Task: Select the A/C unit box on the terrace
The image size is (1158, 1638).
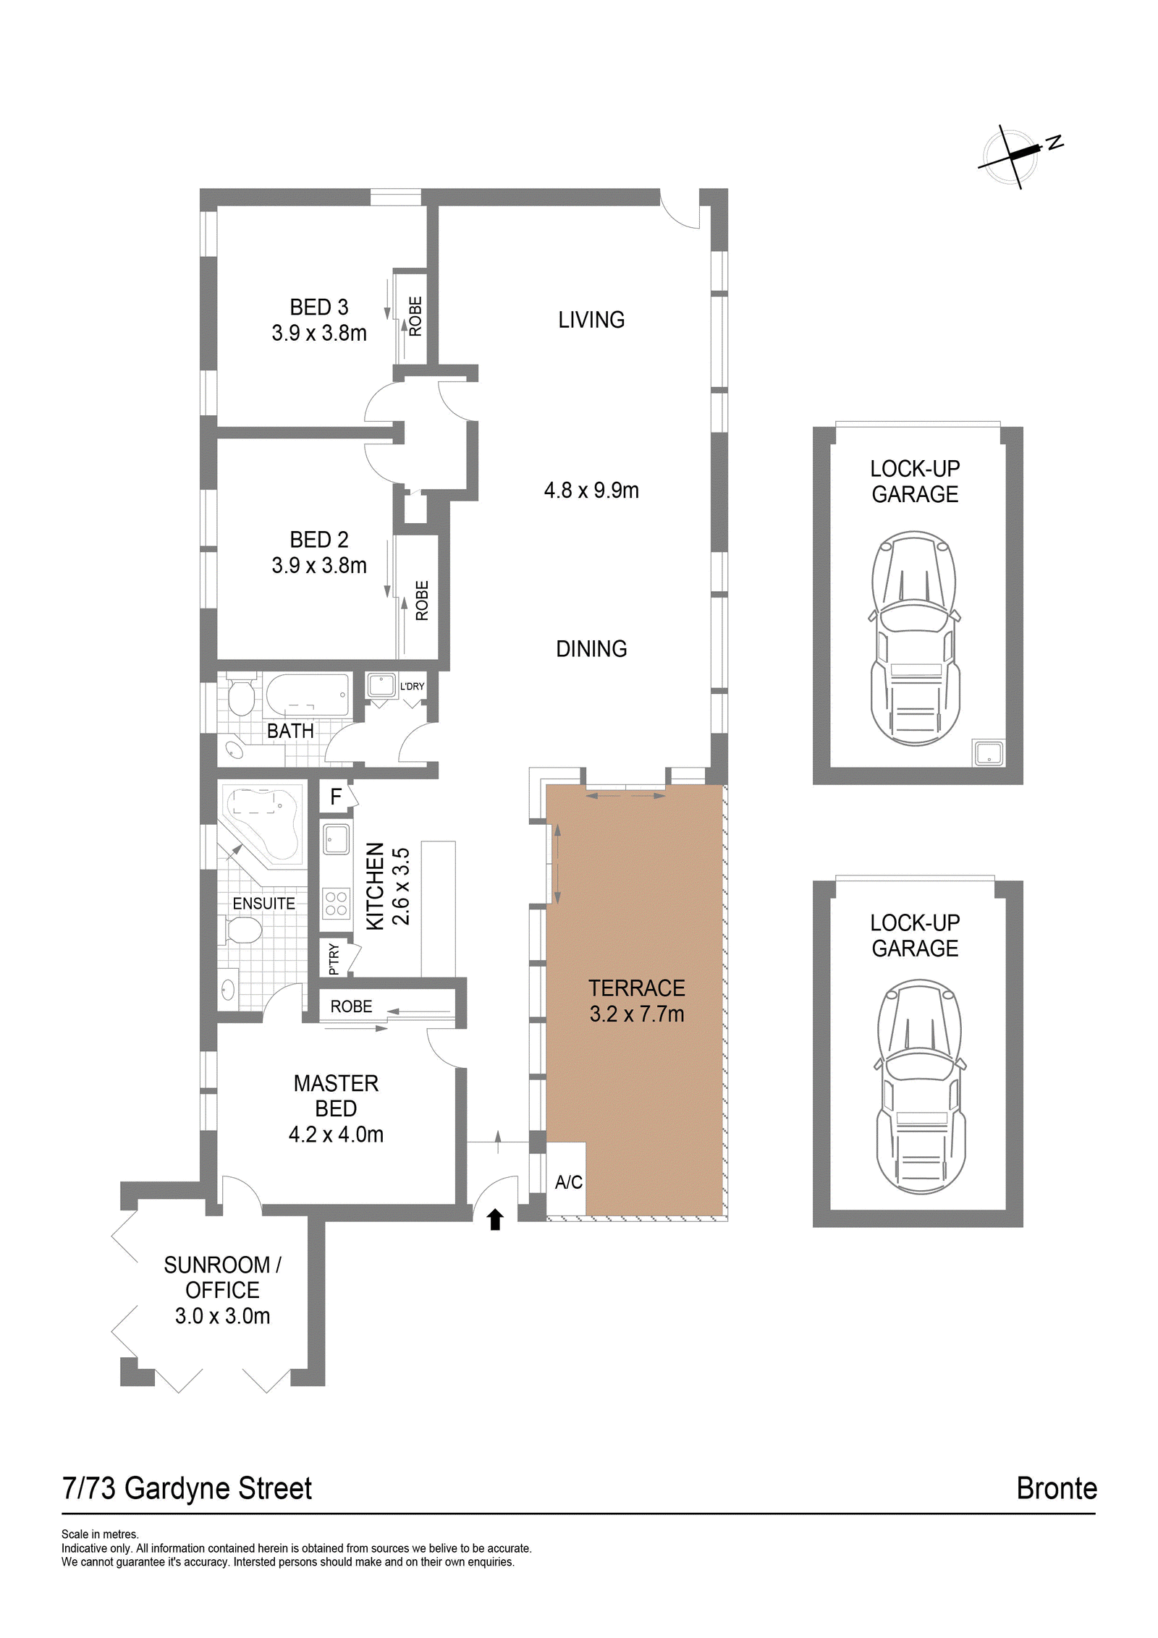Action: tap(566, 1179)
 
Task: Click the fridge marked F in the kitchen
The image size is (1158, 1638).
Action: tap(335, 797)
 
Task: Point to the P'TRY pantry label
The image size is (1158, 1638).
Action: tap(334, 959)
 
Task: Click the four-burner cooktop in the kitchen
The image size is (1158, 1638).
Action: tap(337, 904)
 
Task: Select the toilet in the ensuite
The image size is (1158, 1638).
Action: tap(240, 930)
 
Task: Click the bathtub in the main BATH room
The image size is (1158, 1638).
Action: tap(308, 695)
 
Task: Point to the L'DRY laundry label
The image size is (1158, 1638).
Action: tap(412, 686)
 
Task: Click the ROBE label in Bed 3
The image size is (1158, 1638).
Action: tap(415, 316)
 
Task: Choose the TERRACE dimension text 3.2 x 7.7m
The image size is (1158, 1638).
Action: tap(636, 1014)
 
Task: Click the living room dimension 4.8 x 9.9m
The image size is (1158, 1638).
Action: tap(591, 490)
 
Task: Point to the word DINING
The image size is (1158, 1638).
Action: tap(591, 648)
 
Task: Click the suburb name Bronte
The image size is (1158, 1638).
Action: tap(1057, 1488)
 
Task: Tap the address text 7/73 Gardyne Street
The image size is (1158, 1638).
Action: tap(187, 1489)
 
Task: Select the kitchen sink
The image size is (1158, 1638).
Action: tap(337, 839)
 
